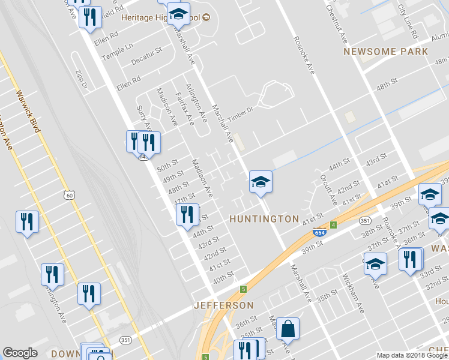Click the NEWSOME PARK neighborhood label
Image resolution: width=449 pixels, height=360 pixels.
pyautogui.click(x=386, y=52)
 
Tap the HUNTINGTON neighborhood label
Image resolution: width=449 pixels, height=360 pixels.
pyautogui.click(x=264, y=219)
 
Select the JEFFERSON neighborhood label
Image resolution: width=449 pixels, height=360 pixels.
pyautogui.click(x=220, y=305)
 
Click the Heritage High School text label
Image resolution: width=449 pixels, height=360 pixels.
pyautogui.click(x=157, y=17)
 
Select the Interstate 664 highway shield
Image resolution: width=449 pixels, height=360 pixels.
pyautogui.click(x=322, y=232)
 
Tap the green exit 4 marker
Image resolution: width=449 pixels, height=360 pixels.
pyautogui.click(x=333, y=225)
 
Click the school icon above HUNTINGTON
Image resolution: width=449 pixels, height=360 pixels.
pyautogui.click(x=261, y=181)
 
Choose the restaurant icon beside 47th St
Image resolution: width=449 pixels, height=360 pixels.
pyautogui.click(x=187, y=214)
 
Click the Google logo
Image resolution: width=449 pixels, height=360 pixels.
pyautogui.click(x=20, y=353)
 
